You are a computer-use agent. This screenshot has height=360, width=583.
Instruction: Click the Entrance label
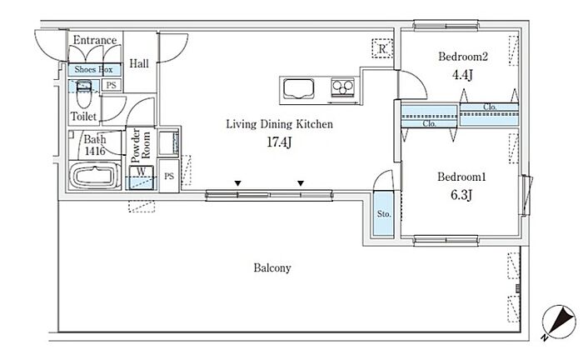coord(94,40)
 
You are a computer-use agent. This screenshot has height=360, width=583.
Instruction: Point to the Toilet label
coord(84,116)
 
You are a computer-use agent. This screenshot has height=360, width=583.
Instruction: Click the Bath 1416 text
coord(94,146)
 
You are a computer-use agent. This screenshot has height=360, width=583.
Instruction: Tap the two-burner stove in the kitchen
coord(342,86)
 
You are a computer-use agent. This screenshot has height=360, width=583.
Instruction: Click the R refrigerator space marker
coord(381,48)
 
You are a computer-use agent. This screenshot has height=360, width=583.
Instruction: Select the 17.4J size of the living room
coord(280,143)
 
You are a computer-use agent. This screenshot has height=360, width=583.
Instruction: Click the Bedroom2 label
coord(462,57)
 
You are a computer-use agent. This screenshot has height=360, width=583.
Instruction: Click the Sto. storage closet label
coord(384,214)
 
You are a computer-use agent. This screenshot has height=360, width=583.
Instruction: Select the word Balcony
coord(272,268)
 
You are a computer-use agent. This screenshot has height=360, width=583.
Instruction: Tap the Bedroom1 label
coord(462,177)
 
